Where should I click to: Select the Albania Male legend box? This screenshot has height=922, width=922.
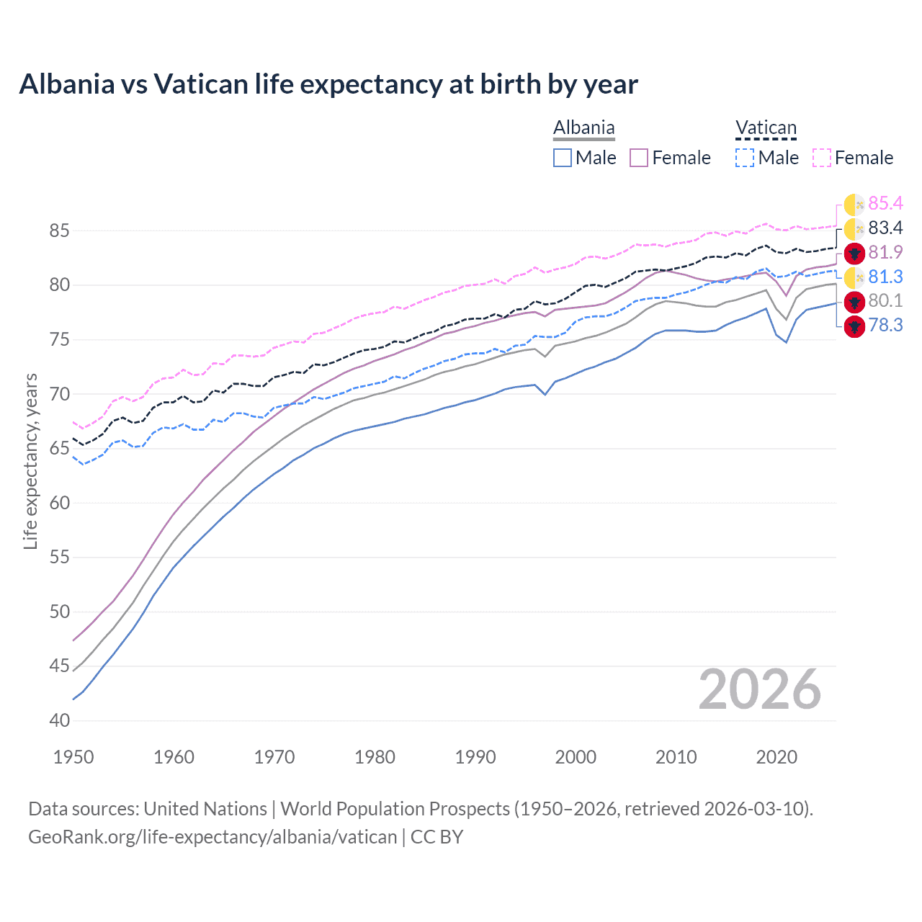point(563,158)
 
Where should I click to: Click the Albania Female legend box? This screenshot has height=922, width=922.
point(639,158)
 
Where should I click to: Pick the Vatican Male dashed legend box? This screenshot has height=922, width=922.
point(745,158)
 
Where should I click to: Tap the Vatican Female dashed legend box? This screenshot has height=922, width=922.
point(822,158)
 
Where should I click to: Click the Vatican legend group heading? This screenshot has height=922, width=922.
point(766,128)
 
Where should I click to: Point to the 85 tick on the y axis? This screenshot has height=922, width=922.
point(60,231)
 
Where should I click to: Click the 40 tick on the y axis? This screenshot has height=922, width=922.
point(60,720)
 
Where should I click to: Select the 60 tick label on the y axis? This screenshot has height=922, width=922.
point(60,503)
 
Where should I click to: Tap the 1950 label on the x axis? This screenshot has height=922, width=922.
point(73,757)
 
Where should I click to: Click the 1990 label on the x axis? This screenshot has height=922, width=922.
point(475,757)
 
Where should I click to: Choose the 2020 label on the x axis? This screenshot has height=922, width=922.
point(776,757)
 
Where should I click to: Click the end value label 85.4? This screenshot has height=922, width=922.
point(885,204)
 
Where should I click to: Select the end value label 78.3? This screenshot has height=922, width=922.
point(885,326)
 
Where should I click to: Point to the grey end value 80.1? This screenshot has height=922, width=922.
point(885,301)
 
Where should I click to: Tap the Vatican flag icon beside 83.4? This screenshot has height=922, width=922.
point(854,229)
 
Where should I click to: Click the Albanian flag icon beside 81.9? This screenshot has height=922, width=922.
point(854,253)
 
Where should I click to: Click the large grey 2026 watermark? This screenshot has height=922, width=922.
point(760,689)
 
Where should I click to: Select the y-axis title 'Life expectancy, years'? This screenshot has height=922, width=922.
point(30,461)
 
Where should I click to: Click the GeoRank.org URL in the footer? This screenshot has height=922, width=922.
point(212,837)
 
